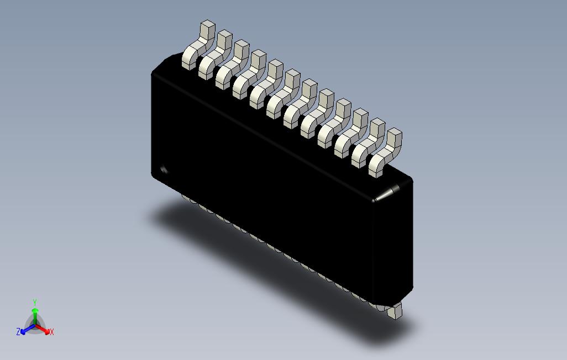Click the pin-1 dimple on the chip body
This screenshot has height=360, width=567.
coord(164,170)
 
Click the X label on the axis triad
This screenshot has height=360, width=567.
coord(51,332)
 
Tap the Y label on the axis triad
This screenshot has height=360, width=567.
coord(34,303)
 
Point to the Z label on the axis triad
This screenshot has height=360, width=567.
coord(18,332)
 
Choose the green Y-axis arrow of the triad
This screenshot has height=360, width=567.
coord(35,315)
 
